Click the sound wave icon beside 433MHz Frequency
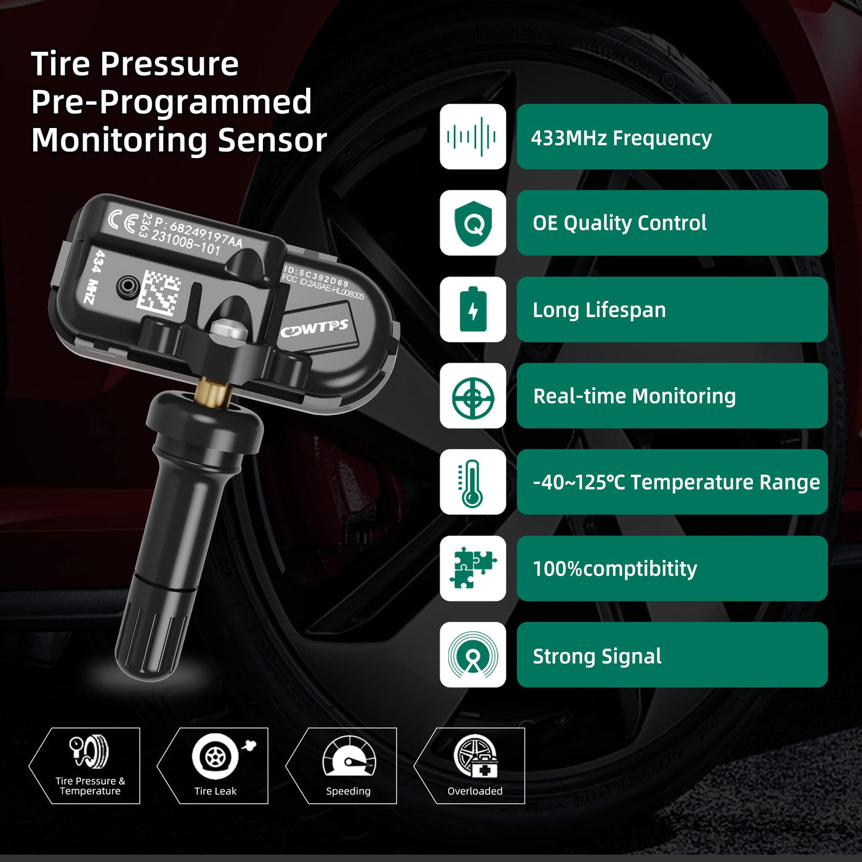[x=472, y=137]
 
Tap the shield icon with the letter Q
[x=473, y=223]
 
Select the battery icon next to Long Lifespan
[x=473, y=309]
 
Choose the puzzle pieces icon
[x=473, y=568]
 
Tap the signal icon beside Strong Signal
[x=473, y=655]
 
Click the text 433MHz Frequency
[x=621, y=138]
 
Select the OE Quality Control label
[x=619, y=224]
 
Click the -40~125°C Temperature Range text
[x=676, y=482]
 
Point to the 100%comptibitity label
[x=615, y=568]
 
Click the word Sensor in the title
[x=272, y=140]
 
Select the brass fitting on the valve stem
[x=213, y=392]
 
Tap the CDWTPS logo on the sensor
[x=315, y=329]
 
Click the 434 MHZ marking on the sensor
[x=94, y=276]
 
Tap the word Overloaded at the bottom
[x=475, y=791]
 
